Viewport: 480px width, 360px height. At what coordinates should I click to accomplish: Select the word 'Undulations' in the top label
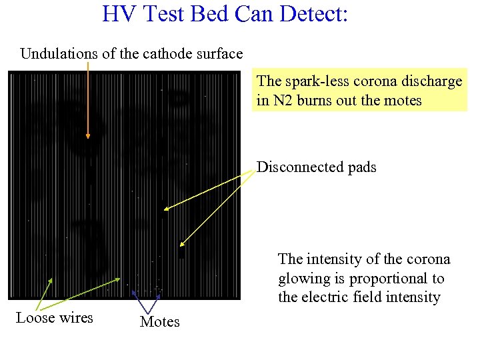click(59, 53)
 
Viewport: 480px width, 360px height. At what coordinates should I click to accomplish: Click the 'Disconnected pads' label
click(316, 167)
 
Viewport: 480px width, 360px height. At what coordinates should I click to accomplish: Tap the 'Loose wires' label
click(55, 317)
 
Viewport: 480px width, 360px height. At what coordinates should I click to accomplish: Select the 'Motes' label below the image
click(160, 322)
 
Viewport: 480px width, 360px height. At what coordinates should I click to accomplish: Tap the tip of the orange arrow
click(87, 139)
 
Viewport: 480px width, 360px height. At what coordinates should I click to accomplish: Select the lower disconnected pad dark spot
click(181, 253)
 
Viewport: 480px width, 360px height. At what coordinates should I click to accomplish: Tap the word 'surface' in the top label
click(219, 53)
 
